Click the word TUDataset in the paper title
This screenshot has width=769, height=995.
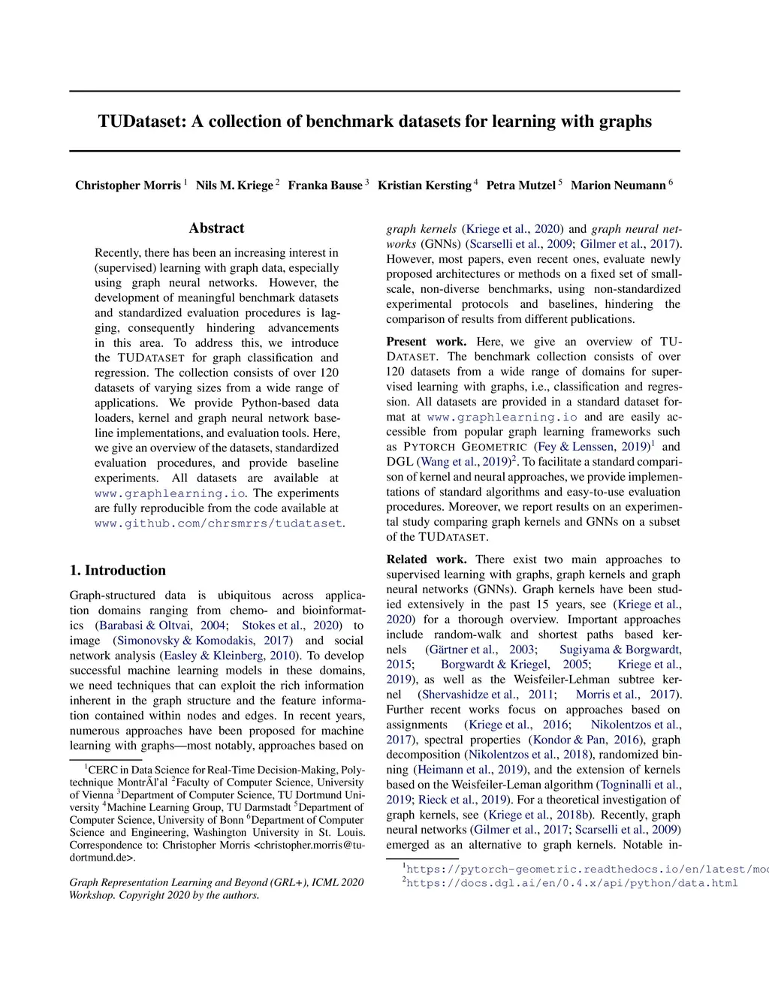pyautogui.click(x=140, y=122)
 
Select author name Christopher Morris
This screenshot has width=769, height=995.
pyautogui.click(x=128, y=185)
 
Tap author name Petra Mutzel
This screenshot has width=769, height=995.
pyautogui.click(x=520, y=185)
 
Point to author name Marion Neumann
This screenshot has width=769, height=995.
pyautogui.click(x=618, y=185)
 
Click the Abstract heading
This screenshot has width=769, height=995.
pyautogui.click(x=216, y=228)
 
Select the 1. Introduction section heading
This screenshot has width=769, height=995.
pyautogui.click(x=118, y=571)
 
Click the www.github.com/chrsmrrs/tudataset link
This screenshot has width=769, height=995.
pyautogui.click(x=218, y=523)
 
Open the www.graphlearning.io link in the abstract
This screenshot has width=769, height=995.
pyautogui.click(x=170, y=493)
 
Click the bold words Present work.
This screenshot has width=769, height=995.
pyautogui.click(x=426, y=342)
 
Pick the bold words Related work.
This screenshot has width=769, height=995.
pyautogui.click(x=426, y=559)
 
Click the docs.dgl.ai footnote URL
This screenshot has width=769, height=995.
pyautogui.click(x=571, y=883)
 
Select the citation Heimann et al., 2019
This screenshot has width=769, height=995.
pyautogui.click(x=470, y=770)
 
